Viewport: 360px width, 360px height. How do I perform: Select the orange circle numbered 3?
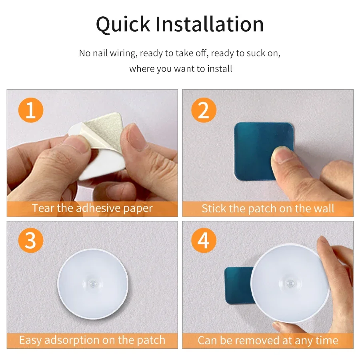point(31,241)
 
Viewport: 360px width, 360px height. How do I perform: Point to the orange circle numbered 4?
point(204,241)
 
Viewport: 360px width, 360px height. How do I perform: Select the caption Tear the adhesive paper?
point(92,208)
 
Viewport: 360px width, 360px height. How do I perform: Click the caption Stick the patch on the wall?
point(268,208)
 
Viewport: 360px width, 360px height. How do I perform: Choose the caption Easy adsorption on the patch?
point(92,340)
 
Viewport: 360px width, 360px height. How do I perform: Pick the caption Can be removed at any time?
point(268,340)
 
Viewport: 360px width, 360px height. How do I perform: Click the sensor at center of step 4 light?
point(290,282)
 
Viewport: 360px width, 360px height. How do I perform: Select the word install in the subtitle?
point(218,69)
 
